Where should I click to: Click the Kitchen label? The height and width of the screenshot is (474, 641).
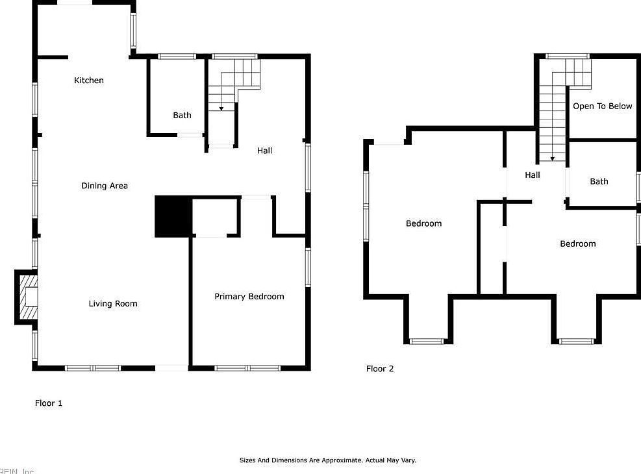(89, 81)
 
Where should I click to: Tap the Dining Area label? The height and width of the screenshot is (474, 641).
(105, 186)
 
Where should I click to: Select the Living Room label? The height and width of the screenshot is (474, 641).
(113, 303)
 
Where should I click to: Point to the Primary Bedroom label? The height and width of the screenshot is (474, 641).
(249, 296)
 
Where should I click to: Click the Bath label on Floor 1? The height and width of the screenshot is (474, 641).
(182, 115)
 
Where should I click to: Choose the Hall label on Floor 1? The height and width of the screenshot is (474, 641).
(264, 151)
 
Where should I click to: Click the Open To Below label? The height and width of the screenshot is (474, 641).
(602, 106)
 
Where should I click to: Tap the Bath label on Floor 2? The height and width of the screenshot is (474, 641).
(599, 181)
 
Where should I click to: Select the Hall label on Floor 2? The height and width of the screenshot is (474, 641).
(533, 175)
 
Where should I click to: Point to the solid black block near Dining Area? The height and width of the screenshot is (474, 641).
(173, 216)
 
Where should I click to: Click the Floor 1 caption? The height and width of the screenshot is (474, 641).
(49, 403)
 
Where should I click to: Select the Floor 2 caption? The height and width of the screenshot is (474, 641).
(380, 369)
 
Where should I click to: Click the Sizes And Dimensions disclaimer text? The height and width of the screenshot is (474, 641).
(328, 460)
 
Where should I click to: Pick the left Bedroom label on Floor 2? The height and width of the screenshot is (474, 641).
(423, 223)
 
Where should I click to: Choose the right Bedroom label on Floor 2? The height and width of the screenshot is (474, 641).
(577, 243)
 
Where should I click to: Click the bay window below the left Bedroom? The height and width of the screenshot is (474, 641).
(427, 340)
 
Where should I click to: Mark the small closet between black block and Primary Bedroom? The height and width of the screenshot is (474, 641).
(214, 217)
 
